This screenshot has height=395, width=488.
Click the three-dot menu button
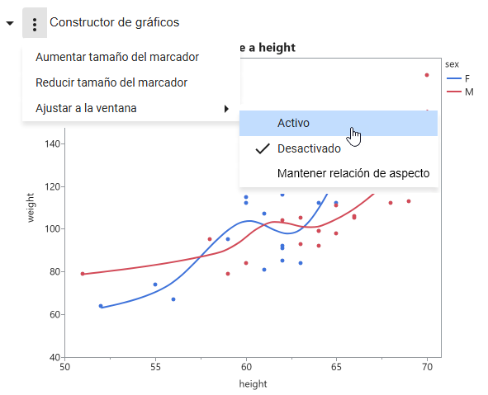pyautogui.click(x=34, y=23)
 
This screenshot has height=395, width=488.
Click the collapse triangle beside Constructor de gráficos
pyautogui.click(x=9, y=23)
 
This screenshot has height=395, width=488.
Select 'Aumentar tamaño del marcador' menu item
pyautogui.click(x=117, y=57)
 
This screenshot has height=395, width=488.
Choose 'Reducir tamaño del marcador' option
pyautogui.click(x=111, y=82)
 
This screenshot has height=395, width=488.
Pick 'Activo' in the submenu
pyautogui.click(x=293, y=123)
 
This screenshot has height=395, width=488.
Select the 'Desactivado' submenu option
pyautogui.click(x=309, y=148)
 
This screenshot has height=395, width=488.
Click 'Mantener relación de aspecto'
pyautogui.click(x=353, y=174)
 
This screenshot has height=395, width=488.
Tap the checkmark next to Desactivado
pyautogui.click(x=263, y=148)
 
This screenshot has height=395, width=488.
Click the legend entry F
pyautogui.click(x=467, y=78)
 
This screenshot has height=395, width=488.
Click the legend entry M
pyautogui.click(x=468, y=92)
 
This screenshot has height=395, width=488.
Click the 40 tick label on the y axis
pyautogui.click(x=54, y=357)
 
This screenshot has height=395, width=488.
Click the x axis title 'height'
pyautogui.click(x=253, y=383)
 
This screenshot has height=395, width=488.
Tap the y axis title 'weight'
pyautogui.click(x=30, y=207)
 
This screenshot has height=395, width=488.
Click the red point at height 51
pyautogui.click(x=83, y=274)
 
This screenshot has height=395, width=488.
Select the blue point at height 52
pyautogui.click(x=101, y=306)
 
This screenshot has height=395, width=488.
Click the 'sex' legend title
pyautogui.click(x=452, y=63)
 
